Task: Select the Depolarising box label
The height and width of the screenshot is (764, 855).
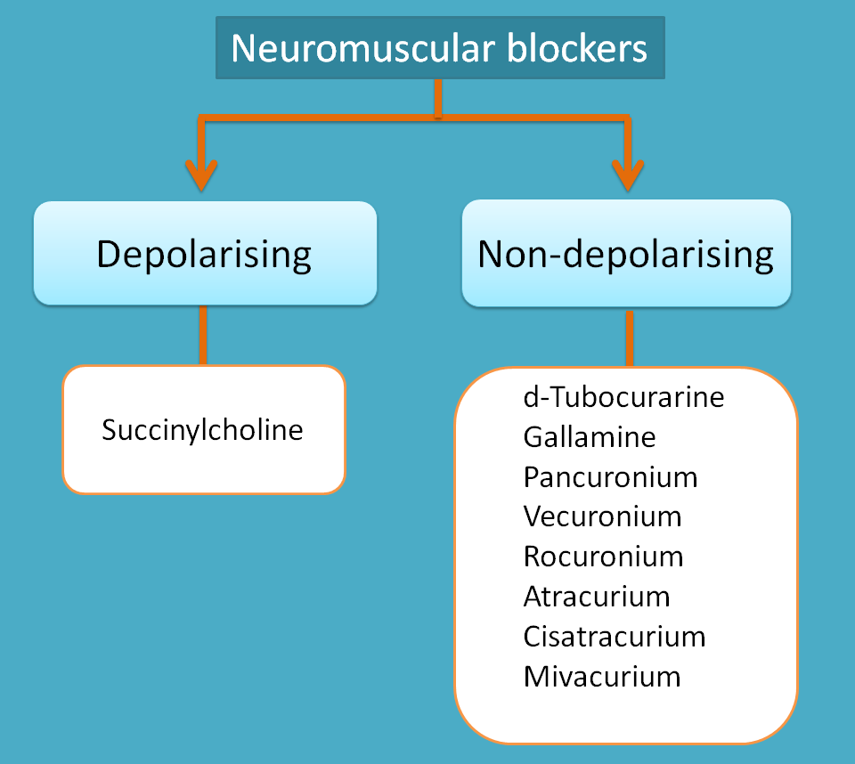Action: pos(204,254)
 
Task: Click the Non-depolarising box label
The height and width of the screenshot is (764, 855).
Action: pos(625,254)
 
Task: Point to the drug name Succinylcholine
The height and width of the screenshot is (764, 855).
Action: pos(202,430)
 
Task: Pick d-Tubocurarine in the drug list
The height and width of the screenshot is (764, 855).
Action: pos(623,396)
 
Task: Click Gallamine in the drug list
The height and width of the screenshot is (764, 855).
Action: pos(589,436)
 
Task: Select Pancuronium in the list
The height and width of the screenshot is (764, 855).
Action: pos(610,476)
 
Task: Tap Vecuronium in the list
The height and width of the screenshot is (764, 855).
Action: pos(602,516)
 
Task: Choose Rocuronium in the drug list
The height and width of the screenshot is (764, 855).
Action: pos(603,557)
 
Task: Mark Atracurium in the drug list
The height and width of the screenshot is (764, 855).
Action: pos(596,597)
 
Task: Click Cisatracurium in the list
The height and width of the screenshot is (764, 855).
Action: pos(614,637)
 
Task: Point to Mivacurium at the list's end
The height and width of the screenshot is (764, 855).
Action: pos(601,677)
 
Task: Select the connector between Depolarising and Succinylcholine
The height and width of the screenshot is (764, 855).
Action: pos(203,335)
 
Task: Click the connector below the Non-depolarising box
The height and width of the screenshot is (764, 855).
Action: pos(630,338)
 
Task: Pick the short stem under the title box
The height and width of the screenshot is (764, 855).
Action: pos(437,99)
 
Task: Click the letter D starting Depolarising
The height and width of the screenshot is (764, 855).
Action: pos(108,254)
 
